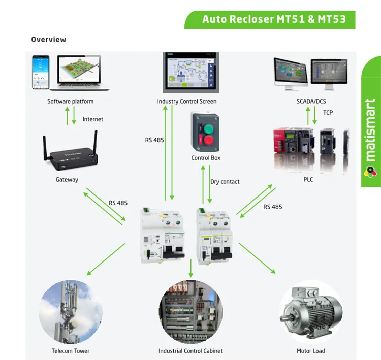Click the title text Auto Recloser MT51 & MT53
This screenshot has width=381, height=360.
coord(274,20)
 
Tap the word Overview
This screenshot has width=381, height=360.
coord(49,40)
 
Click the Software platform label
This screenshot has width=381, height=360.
coord(71,101)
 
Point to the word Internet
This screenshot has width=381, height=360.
coord(92,119)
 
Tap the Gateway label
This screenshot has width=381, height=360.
coord(67,179)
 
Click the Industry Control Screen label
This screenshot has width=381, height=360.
coord(186,101)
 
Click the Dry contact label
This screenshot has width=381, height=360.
coord(225,182)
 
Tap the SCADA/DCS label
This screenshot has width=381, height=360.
coord(311,101)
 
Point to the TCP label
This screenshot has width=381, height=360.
coord(328,112)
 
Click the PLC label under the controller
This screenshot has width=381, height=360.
coord(308,179)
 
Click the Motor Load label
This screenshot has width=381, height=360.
coord(310,351)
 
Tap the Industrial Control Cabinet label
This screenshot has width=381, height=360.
coord(190,351)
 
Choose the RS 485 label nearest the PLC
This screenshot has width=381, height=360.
coord(273,207)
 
